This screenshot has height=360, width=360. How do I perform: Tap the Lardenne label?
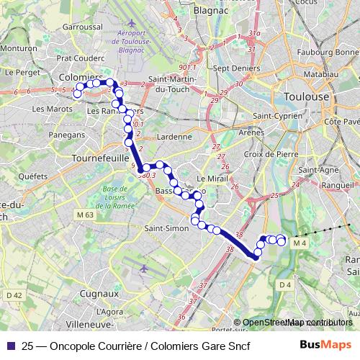pyautogui.click(x=174, y=136)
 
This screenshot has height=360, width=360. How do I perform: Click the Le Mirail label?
pyautogui.click(x=210, y=178)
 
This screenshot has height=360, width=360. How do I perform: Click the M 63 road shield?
pyautogui.click(x=84, y=215)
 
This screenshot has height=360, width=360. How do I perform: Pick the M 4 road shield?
pyautogui.click(x=300, y=243)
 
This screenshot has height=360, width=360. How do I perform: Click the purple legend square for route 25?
pyautogui.click(x=10, y=345)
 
